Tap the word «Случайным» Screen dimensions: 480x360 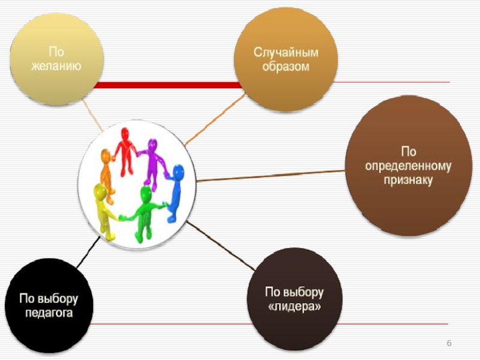point(286,52)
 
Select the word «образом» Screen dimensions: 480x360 point(286,66)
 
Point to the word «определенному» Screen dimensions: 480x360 point(409,166)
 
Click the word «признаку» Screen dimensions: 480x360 point(409,179)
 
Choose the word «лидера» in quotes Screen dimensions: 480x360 point(294,307)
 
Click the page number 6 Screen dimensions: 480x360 point(448,343)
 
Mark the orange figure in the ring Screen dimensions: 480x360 point(107,171)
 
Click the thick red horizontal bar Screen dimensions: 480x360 point(168,85)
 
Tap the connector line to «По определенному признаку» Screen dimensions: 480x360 point(270,176)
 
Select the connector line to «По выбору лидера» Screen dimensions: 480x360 point(222,247)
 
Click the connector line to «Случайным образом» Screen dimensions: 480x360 point(213,121)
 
